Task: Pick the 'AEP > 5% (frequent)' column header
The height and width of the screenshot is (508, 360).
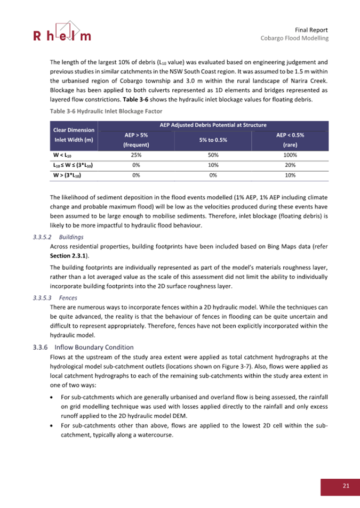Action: click(x=135, y=140)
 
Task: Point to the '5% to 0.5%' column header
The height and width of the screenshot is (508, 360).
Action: click(x=213, y=140)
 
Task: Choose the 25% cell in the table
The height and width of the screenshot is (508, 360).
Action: click(x=135, y=155)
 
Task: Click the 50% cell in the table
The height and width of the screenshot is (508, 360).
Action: click(x=213, y=155)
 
